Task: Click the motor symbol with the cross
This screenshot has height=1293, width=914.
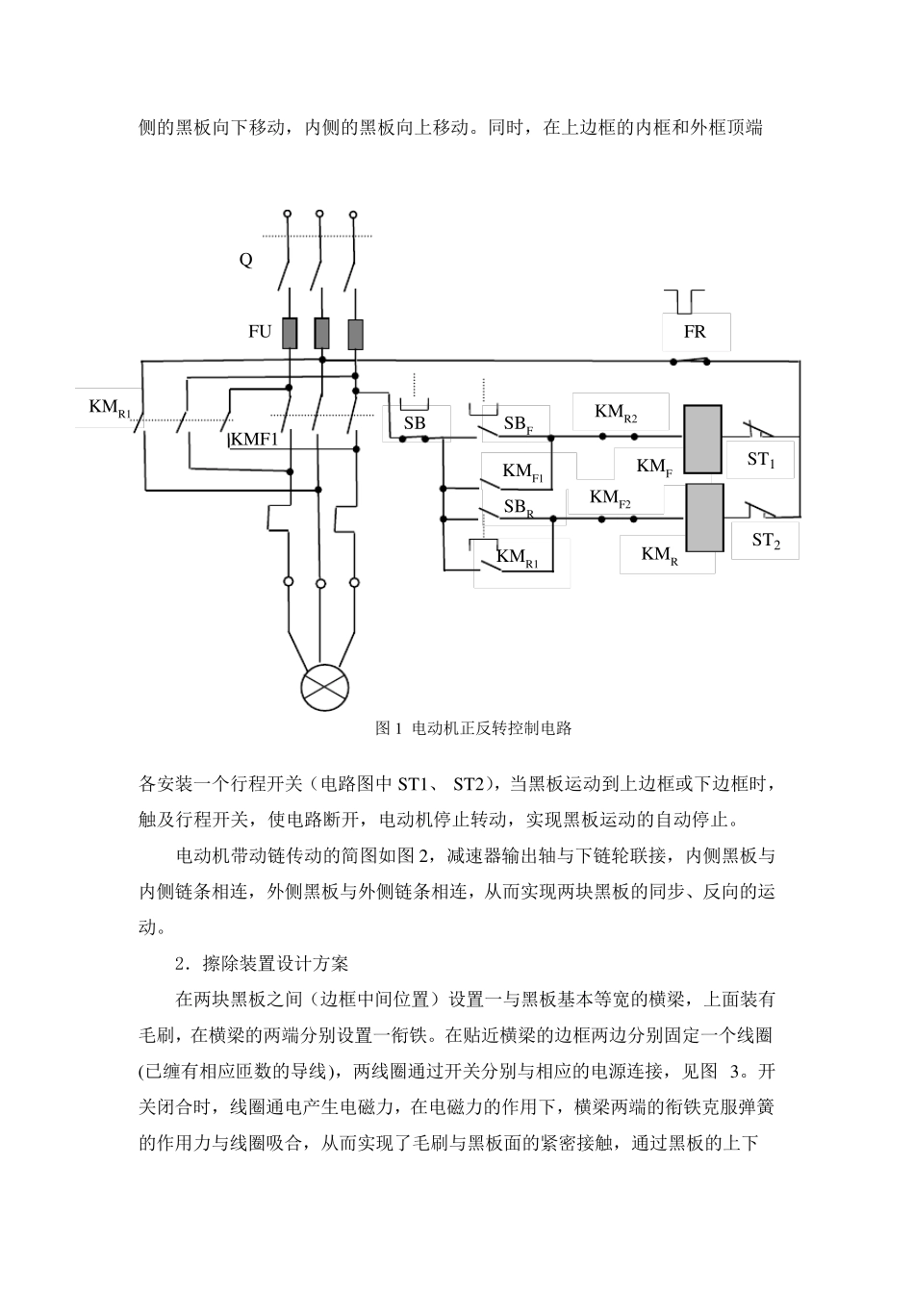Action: coord(325,688)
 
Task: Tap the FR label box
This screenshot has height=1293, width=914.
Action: coord(696,332)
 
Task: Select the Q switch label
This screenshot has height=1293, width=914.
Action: coord(246,260)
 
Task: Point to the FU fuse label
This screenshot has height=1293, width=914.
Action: coord(260,331)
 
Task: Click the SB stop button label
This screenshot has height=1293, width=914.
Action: coord(415,423)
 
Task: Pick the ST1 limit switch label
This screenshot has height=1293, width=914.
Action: coord(761,460)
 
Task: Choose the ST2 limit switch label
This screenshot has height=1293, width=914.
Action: coord(766,541)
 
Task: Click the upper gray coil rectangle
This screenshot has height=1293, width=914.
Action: coord(702,440)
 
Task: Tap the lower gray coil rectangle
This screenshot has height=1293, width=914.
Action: coord(704,518)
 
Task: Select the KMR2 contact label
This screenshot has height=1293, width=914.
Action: coord(616,412)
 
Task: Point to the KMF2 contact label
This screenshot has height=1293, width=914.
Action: coord(610,497)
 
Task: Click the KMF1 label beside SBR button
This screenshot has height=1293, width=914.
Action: coord(522,471)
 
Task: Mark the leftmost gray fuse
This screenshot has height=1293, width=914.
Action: coord(290,333)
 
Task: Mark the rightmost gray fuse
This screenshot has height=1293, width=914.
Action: coord(356,334)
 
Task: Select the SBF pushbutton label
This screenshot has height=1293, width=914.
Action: coord(518,424)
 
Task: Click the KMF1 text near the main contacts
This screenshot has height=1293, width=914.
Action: coord(255,440)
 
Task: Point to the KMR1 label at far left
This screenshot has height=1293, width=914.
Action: coord(110,408)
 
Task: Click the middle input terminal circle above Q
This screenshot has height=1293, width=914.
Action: coord(319,214)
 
